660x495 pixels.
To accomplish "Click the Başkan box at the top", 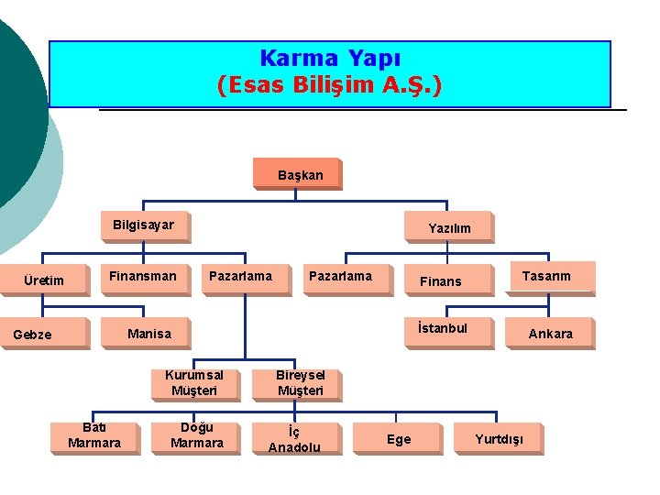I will (301, 174).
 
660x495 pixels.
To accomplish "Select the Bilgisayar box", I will (144, 225).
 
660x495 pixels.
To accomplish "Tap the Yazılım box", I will (449, 227).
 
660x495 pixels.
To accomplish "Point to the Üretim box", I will (44, 280).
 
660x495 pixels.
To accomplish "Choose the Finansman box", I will (143, 276).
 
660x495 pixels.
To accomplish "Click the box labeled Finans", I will (441, 280).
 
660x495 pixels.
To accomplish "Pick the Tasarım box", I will (546, 276).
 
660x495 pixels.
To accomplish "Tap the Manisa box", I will (149, 333).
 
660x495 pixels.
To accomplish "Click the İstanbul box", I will (442, 329).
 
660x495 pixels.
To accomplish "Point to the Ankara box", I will (550, 334).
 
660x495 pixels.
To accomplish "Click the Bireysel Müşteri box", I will (301, 382).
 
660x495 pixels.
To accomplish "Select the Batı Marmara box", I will (94, 435).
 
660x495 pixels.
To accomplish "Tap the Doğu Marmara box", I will (197, 435).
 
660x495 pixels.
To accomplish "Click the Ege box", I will (399, 439).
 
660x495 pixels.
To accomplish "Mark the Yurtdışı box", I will (500, 439).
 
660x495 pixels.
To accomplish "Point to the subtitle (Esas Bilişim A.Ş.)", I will (329, 86).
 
